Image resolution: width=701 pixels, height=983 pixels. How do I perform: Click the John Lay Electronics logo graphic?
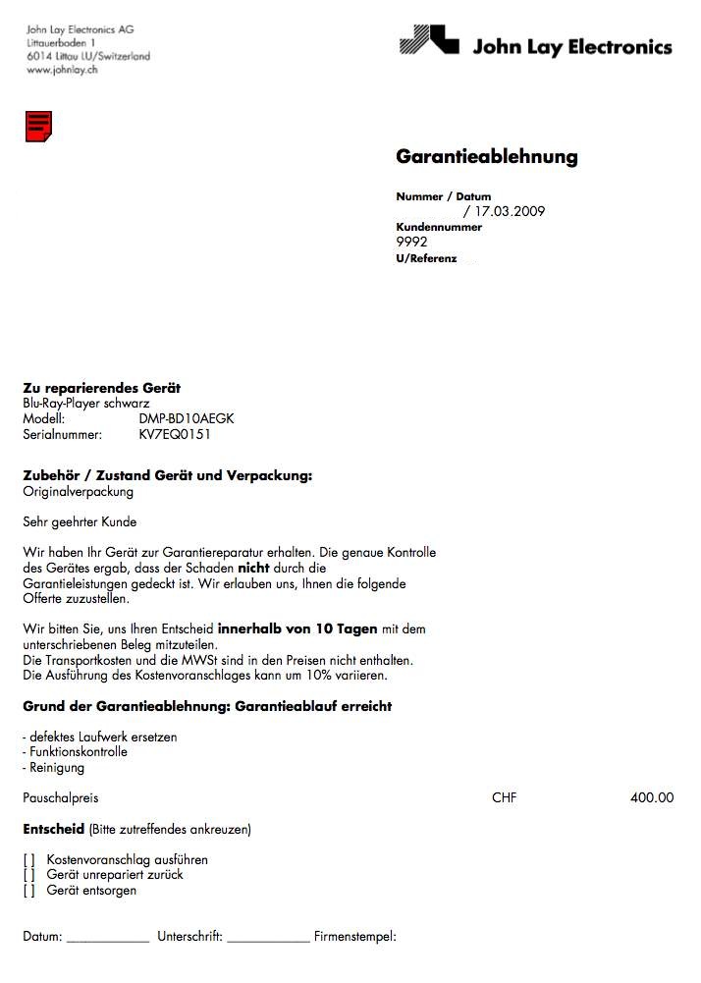pos(430,41)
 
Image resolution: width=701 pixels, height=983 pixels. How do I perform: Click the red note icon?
pos(38,126)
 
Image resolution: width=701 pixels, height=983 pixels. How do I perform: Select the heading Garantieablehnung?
pos(486,157)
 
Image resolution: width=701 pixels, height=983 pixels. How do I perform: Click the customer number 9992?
pos(411,243)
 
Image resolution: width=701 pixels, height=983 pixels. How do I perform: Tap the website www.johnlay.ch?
pos(61,70)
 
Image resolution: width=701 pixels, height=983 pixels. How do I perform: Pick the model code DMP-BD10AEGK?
pos(187,418)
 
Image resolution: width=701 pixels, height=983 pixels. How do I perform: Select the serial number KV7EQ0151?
pos(175,434)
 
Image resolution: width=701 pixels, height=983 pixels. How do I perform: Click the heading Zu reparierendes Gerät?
pos(101,388)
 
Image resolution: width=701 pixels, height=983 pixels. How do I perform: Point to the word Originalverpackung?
pos(78,491)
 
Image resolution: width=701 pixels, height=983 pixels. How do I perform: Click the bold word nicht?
pos(253,568)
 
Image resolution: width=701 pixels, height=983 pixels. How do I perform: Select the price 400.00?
pos(652,797)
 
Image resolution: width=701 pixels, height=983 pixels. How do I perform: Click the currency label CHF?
pos(504,797)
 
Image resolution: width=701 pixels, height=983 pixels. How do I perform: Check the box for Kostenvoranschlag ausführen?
pos(28,859)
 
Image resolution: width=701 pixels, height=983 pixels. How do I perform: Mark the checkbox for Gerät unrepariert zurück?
pos(28,875)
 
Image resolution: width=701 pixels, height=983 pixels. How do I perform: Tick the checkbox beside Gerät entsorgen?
pos(28,891)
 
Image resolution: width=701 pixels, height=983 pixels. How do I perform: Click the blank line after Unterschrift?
pos(268,940)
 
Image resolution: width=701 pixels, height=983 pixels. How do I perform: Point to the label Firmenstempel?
pos(354,937)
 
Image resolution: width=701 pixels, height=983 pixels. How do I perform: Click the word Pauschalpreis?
pos(60,797)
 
